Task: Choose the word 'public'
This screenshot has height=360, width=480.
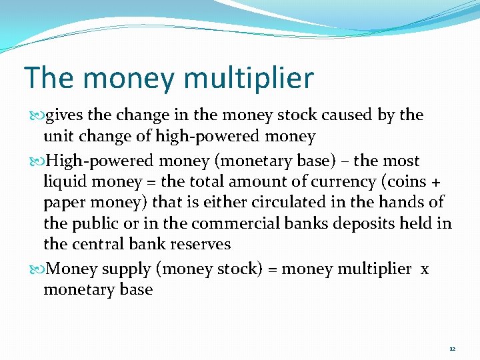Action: click(95, 224)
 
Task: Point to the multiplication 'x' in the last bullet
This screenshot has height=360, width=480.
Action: click(425, 269)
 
